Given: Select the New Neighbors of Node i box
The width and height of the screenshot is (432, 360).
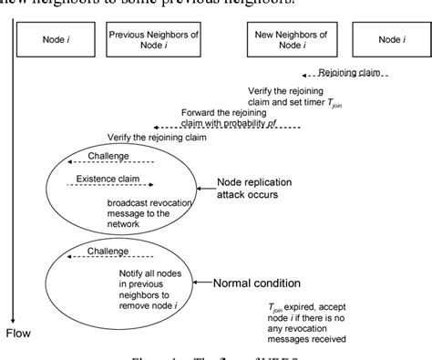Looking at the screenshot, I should [x=291, y=39].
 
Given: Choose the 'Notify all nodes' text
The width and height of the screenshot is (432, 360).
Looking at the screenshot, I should [x=149, y=272].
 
